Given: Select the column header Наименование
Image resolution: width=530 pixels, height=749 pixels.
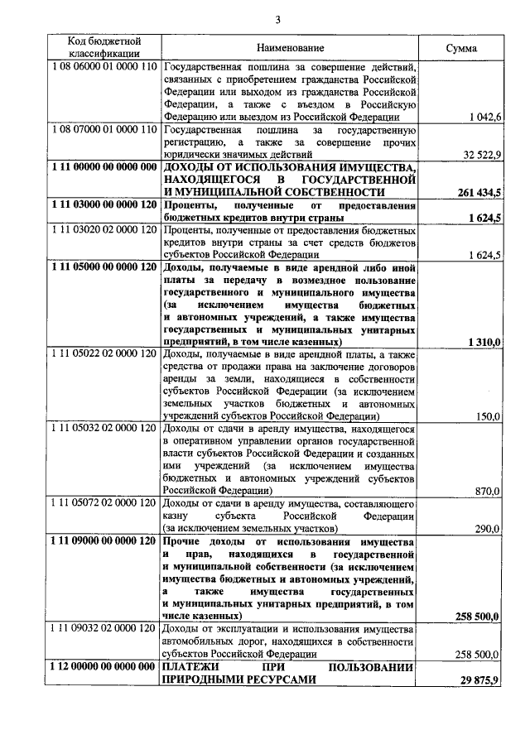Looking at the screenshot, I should tap(290, 48).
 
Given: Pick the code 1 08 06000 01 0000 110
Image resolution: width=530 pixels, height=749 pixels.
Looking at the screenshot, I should tap(104, 67).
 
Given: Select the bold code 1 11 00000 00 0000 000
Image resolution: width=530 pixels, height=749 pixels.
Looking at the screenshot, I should tap(104, 167).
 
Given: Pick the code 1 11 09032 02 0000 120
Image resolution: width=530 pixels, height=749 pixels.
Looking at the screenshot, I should tap(104, 629).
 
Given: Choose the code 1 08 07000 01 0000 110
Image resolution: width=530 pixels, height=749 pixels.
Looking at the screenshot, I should tap(104, 130).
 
